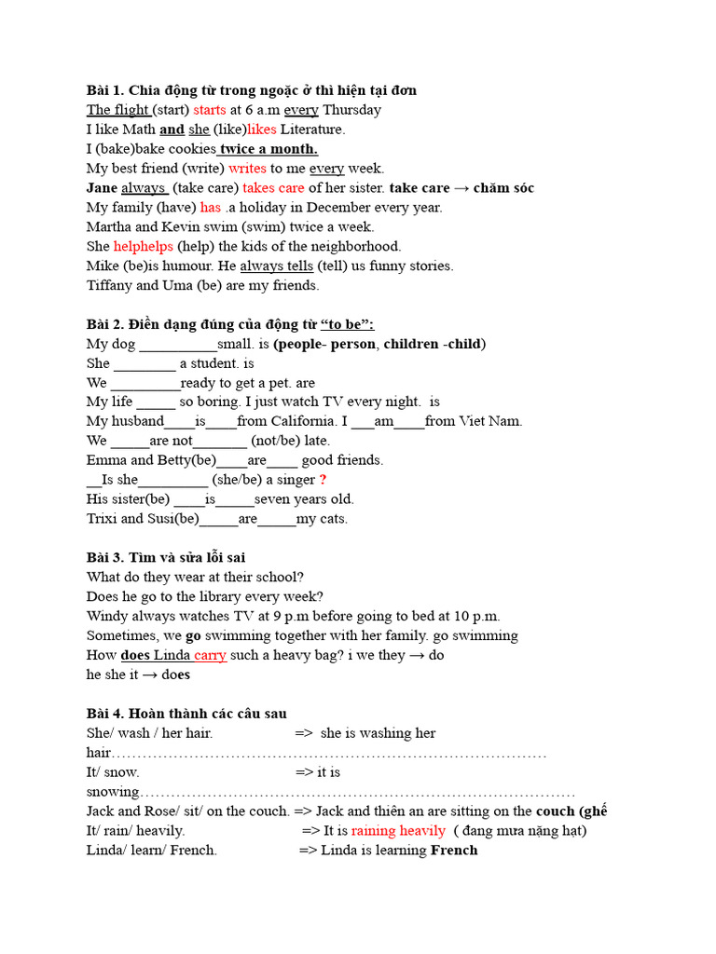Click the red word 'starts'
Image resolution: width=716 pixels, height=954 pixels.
pyautogui.click(x=210, y=110)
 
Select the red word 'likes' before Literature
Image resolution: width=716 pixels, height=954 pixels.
pyautogui.click(x=261, y=129)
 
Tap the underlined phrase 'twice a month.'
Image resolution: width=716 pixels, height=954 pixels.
pyautogui.click(x=268, y=149)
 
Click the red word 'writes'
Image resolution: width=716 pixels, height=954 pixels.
pyautogui.click(x=247, y=169)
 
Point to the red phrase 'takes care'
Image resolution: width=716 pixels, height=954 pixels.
pyautogui.click(x=273, y=188)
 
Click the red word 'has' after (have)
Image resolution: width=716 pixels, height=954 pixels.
pyautogui.click(x=210, y=208)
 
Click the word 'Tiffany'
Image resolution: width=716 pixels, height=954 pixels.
pyautogui.click(x=109, y=286)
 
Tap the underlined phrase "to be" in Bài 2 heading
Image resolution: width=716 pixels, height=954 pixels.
pyautogui.click(x=347, y=324)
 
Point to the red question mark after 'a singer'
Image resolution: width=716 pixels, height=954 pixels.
pyautogui.click(x=323, y=480)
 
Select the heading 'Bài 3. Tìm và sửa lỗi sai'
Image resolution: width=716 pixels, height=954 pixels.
pyautogui.click(x=166, y=557)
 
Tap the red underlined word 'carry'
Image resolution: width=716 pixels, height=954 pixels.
pyautogui.click(x=210, y=655)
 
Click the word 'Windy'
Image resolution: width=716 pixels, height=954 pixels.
pyautogui.click(x=107, y=616)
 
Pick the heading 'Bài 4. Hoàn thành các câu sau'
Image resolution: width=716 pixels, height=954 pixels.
pyautogui.click(x=186, y=714)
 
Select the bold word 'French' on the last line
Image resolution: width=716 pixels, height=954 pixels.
pyautogui.click(x=453, y=850)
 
